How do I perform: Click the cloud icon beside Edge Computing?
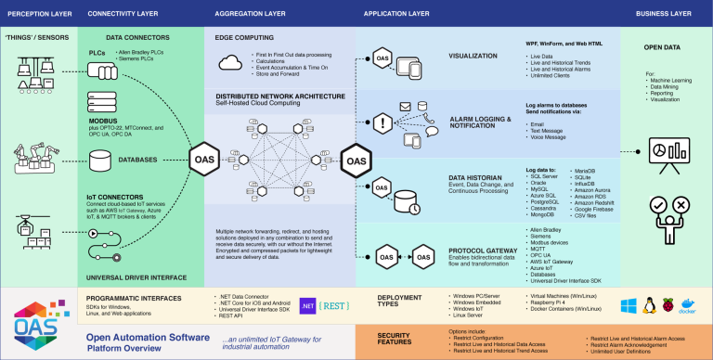(232, 63)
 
